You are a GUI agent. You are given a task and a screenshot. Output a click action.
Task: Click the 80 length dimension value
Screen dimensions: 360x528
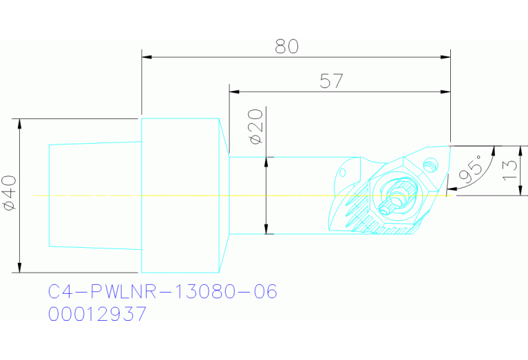point(287,46)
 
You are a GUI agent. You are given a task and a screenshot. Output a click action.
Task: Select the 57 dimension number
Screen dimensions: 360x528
point(332,81)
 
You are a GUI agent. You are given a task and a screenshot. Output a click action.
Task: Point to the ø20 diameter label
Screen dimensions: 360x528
point(255,126)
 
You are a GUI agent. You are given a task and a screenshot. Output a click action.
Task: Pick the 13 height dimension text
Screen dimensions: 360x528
point(509,169)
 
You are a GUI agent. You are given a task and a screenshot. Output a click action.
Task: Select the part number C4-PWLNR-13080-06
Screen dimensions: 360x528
point(162,292)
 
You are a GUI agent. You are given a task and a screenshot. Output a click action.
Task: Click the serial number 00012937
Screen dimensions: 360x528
point(97,315)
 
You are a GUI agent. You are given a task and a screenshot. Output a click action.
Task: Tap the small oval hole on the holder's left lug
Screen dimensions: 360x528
point(344,171)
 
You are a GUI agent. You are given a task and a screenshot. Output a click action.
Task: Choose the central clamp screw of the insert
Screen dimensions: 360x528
point(395,197)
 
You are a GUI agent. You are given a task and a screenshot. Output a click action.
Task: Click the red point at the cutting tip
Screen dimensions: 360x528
point(450,146)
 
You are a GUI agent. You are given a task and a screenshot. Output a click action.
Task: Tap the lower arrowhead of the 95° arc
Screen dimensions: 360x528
point(451,187)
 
